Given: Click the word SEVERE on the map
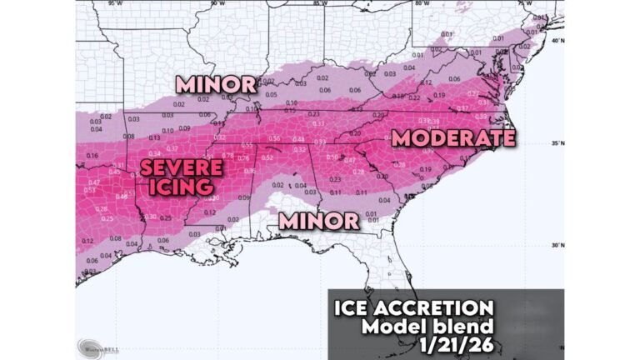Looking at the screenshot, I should point(181,168).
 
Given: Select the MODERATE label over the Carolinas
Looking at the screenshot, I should point(453,137).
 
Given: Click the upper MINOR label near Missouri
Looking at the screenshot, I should point(214,84).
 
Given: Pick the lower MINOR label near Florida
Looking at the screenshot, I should point(319,221).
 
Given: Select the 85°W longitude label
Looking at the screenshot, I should point(318,4).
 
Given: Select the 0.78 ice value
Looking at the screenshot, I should point(227,156).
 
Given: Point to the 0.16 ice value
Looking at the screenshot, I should point(92,156).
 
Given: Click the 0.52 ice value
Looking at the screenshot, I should point(267,157).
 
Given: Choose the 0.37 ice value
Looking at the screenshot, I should point(172,147).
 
